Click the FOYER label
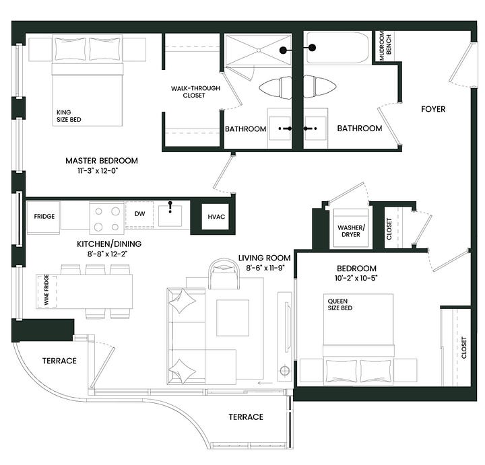(433, 109)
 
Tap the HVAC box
(216, 217)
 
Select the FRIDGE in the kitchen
(44, 217)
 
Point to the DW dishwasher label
(140, 213)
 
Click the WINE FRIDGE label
(46, 290)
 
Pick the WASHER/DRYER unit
(351, 227)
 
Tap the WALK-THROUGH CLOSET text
(195, 92)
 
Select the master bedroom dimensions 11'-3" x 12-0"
(98, 171)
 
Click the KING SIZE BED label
(69, 116)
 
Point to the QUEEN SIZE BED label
(340, 304)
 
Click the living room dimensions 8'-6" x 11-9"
(265, 268)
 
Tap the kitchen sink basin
(170, 216)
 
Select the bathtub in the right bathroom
(337, 48)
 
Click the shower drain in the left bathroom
(259, 50)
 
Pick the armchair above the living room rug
(224, 274)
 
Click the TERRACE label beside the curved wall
(59, 361)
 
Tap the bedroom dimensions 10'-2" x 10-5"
(356, 278)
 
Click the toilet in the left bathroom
(276, 87)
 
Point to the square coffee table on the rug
(232, 318)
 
